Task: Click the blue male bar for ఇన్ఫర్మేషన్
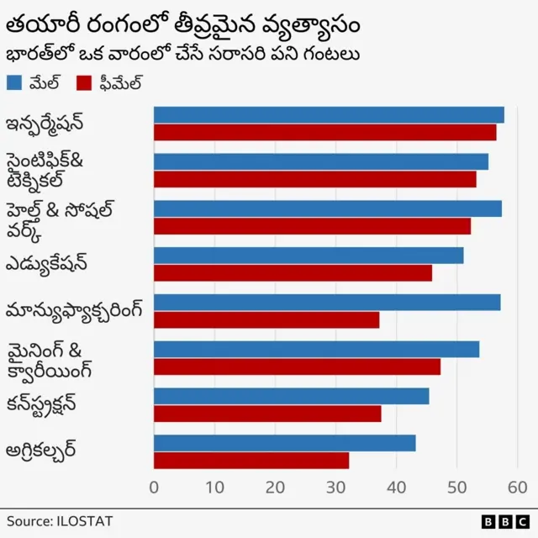[329, 115]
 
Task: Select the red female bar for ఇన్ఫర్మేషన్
[324, 133]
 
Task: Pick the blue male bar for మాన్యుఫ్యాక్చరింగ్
[327, 302]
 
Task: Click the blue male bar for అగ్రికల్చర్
[284, 443]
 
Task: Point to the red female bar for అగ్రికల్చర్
[251, 460]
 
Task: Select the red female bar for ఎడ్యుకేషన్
[293, 272]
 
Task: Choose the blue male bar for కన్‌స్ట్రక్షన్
[291, 396]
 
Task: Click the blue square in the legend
[13, 82]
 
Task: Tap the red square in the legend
[83, 82]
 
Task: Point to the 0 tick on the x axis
[154, 487]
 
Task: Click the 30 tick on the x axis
[335, 487]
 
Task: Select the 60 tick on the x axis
[517, 487]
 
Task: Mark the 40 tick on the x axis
[396, 487]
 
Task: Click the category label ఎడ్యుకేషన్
[58, 264]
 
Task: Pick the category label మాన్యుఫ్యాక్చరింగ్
[74, 311]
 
